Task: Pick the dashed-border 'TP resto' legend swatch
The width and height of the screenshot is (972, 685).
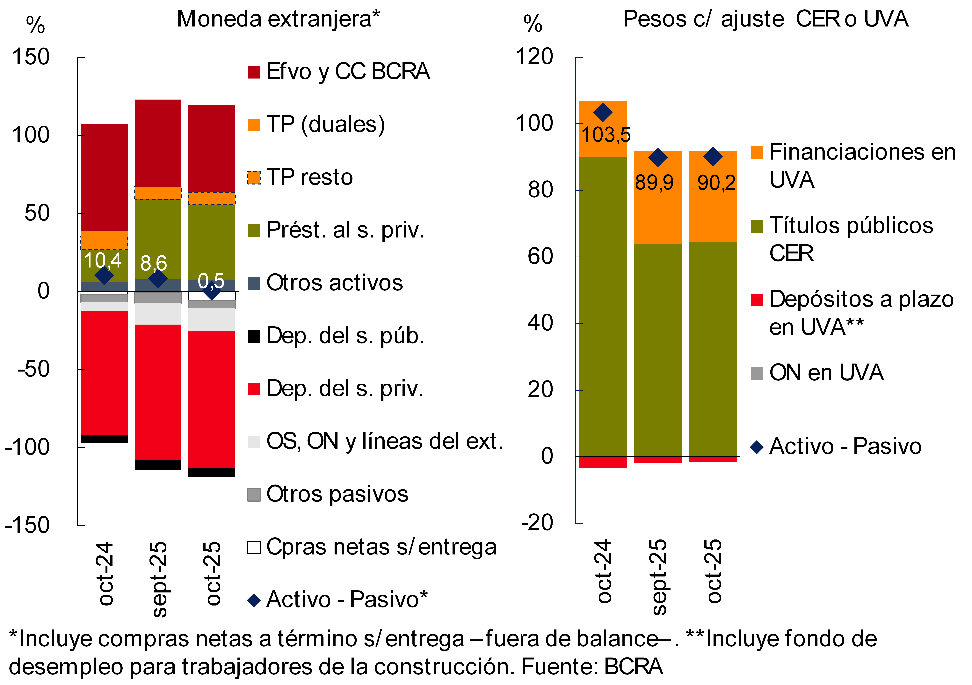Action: pyautogui.click(x=254, y=177)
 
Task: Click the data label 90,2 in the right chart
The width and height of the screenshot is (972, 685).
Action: pyautogui.click(x=716, y=183)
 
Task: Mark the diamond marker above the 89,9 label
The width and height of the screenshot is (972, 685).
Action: pyautogui.click(x=657, y=158)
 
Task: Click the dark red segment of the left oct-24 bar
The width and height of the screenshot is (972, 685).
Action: pyautogui.click(x=104, y=177)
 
